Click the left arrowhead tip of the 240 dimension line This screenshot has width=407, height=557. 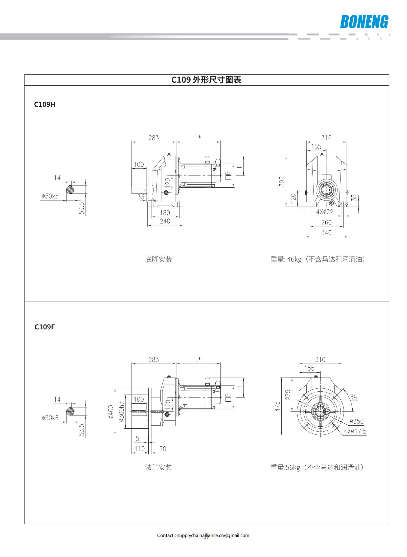(148, 225)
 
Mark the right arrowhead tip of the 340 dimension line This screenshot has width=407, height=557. (348, 237)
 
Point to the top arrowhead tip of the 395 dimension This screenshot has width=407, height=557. (286, 156)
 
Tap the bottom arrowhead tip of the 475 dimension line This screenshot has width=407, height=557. (281, 435)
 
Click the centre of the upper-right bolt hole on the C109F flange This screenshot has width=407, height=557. (334, 397)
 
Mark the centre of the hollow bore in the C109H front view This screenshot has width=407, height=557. (326, 190)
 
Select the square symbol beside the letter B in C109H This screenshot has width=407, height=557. (228, 177)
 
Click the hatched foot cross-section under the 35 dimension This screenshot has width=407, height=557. (343, 204)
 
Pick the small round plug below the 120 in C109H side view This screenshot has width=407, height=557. (166, 193)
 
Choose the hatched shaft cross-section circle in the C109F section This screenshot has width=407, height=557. (70, 411)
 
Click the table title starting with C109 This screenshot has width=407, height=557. (206, 80)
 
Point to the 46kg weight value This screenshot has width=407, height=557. (294, 259)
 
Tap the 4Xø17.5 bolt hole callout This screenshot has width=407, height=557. (355, 431)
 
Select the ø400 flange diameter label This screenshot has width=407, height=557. (111, 412)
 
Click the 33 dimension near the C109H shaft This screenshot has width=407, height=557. (141, 197)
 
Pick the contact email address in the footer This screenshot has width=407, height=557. (213, 535)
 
